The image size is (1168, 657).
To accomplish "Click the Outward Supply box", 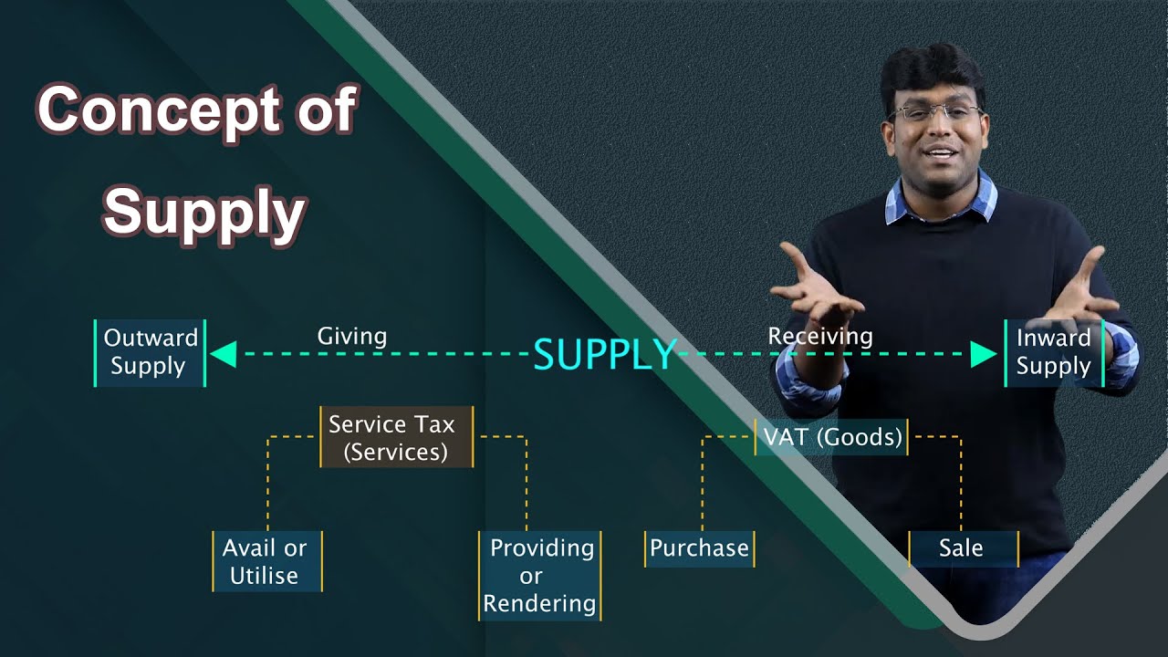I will (151, 352).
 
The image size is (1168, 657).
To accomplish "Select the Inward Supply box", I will (1054, 352).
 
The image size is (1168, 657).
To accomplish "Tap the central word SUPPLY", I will (604, 355).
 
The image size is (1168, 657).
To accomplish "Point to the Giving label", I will (352, 337).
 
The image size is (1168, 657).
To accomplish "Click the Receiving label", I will (819, 337).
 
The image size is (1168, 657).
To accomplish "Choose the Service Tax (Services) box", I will (396, 437).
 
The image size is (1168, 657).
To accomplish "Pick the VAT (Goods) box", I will (831, 437).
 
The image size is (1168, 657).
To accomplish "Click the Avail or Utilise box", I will (266, 561).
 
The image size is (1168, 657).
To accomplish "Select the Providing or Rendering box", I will (540, 575).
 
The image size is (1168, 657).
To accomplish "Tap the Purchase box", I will (699, 548).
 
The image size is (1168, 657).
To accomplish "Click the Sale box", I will (962, 548).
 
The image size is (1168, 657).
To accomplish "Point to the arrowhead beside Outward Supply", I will (224, 354).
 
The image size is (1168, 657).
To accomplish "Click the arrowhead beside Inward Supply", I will (984, 354).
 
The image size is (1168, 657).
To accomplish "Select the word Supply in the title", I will (203, 213).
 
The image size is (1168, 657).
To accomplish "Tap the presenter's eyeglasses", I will (935, 114).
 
